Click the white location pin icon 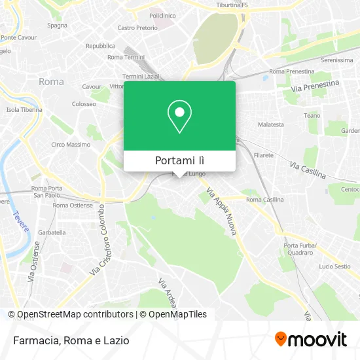click(179, 117)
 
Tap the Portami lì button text click(179, 161)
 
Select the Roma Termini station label click(125, 58)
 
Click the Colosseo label click(84, 104)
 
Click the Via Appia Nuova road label click(222, 213)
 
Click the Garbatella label click(52, 232)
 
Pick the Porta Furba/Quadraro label click(300, 249)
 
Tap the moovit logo click(310, 339)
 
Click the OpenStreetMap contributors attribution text click(71, 314)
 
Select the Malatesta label click(271, 124)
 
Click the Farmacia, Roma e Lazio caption click(69, 340)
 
